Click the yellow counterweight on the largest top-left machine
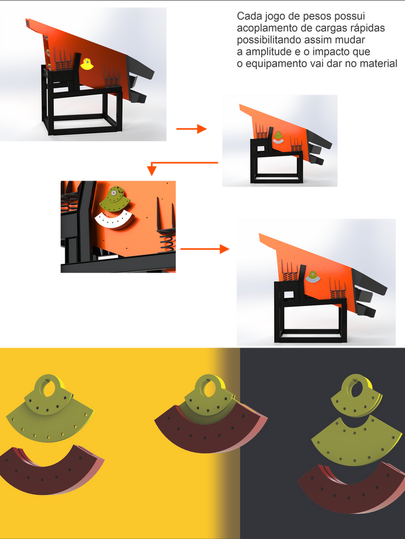87,64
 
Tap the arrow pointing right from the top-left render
191,129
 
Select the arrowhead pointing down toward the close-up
152,171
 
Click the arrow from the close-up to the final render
205,249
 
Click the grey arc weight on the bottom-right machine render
313,280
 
